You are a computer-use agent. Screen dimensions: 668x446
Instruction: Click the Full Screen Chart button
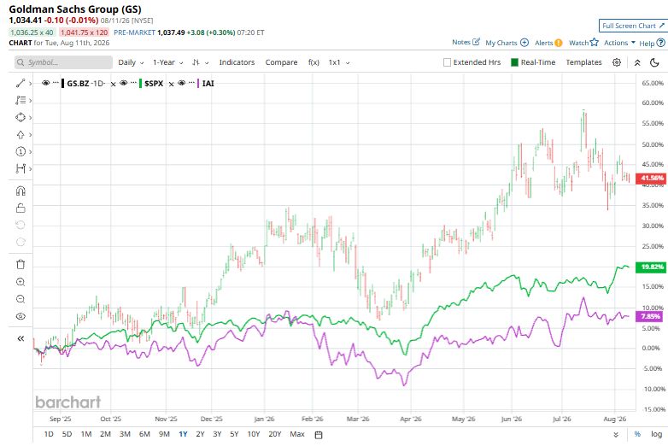click(x=633, y=26)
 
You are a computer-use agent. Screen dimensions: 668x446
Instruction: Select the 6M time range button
click(x=144, y=434)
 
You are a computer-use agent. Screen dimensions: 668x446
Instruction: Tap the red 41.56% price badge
click(x=651, y=178)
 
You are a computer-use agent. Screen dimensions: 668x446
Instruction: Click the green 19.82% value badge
click(x=651, y=267)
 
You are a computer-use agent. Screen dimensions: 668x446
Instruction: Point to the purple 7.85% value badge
click(x=651, y=316)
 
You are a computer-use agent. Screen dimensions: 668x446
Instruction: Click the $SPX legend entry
click(x=154, y=84)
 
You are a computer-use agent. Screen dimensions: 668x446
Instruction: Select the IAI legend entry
click(x=208, y=84)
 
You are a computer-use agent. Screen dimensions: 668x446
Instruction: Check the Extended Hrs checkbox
click(x=447, y=62)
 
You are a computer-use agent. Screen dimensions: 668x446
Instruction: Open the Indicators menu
click(x=237, y=62)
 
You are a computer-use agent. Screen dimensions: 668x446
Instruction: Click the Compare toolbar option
click(x=281, y=62)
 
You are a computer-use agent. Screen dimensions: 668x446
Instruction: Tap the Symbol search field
click(x=63, y=62)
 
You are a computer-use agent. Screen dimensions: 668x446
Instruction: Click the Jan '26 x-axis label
click(x=264, y=419)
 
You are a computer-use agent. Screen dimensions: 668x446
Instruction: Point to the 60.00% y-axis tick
click(x=653, y=103)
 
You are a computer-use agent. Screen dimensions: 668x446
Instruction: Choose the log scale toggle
click(x=657, y=434)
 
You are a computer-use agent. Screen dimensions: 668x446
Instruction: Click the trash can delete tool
click(x=21, y=265)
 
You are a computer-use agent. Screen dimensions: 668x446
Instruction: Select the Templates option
click(x=583, y=62)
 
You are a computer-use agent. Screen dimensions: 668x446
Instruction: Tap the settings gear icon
click(x=617, y=62)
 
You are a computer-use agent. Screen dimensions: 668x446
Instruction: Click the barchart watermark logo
click(x=68, y=402)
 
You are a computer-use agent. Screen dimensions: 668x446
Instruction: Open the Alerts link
click(x=548, y=43)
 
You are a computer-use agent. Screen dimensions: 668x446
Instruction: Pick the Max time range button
click(x=297, y=434)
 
